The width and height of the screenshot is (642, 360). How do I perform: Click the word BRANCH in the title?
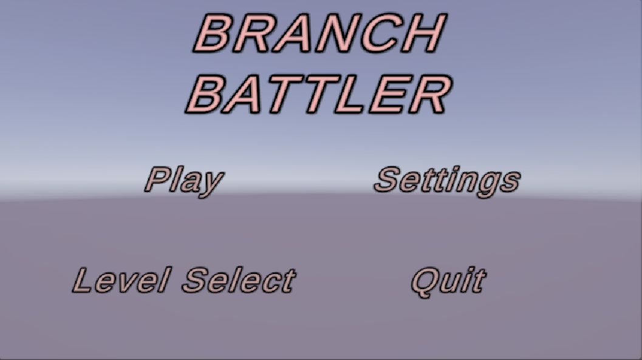[x=319, y=33]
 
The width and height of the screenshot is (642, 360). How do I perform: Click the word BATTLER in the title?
[x=319, y=95]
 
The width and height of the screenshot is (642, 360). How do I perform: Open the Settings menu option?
[x=447, y=181]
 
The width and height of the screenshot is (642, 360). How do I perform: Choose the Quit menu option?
[x=449, y=281]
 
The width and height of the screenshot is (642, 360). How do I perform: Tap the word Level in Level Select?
[x=121, y=280]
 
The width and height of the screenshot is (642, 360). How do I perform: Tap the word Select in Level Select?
[x=239, y=280]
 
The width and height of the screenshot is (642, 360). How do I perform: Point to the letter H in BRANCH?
[x=423, y=33]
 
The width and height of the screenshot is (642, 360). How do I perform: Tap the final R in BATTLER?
[x=430, y=95]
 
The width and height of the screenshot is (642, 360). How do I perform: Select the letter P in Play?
[x=159, y=179]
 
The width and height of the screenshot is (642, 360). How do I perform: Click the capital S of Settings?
[x=388, y=179]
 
